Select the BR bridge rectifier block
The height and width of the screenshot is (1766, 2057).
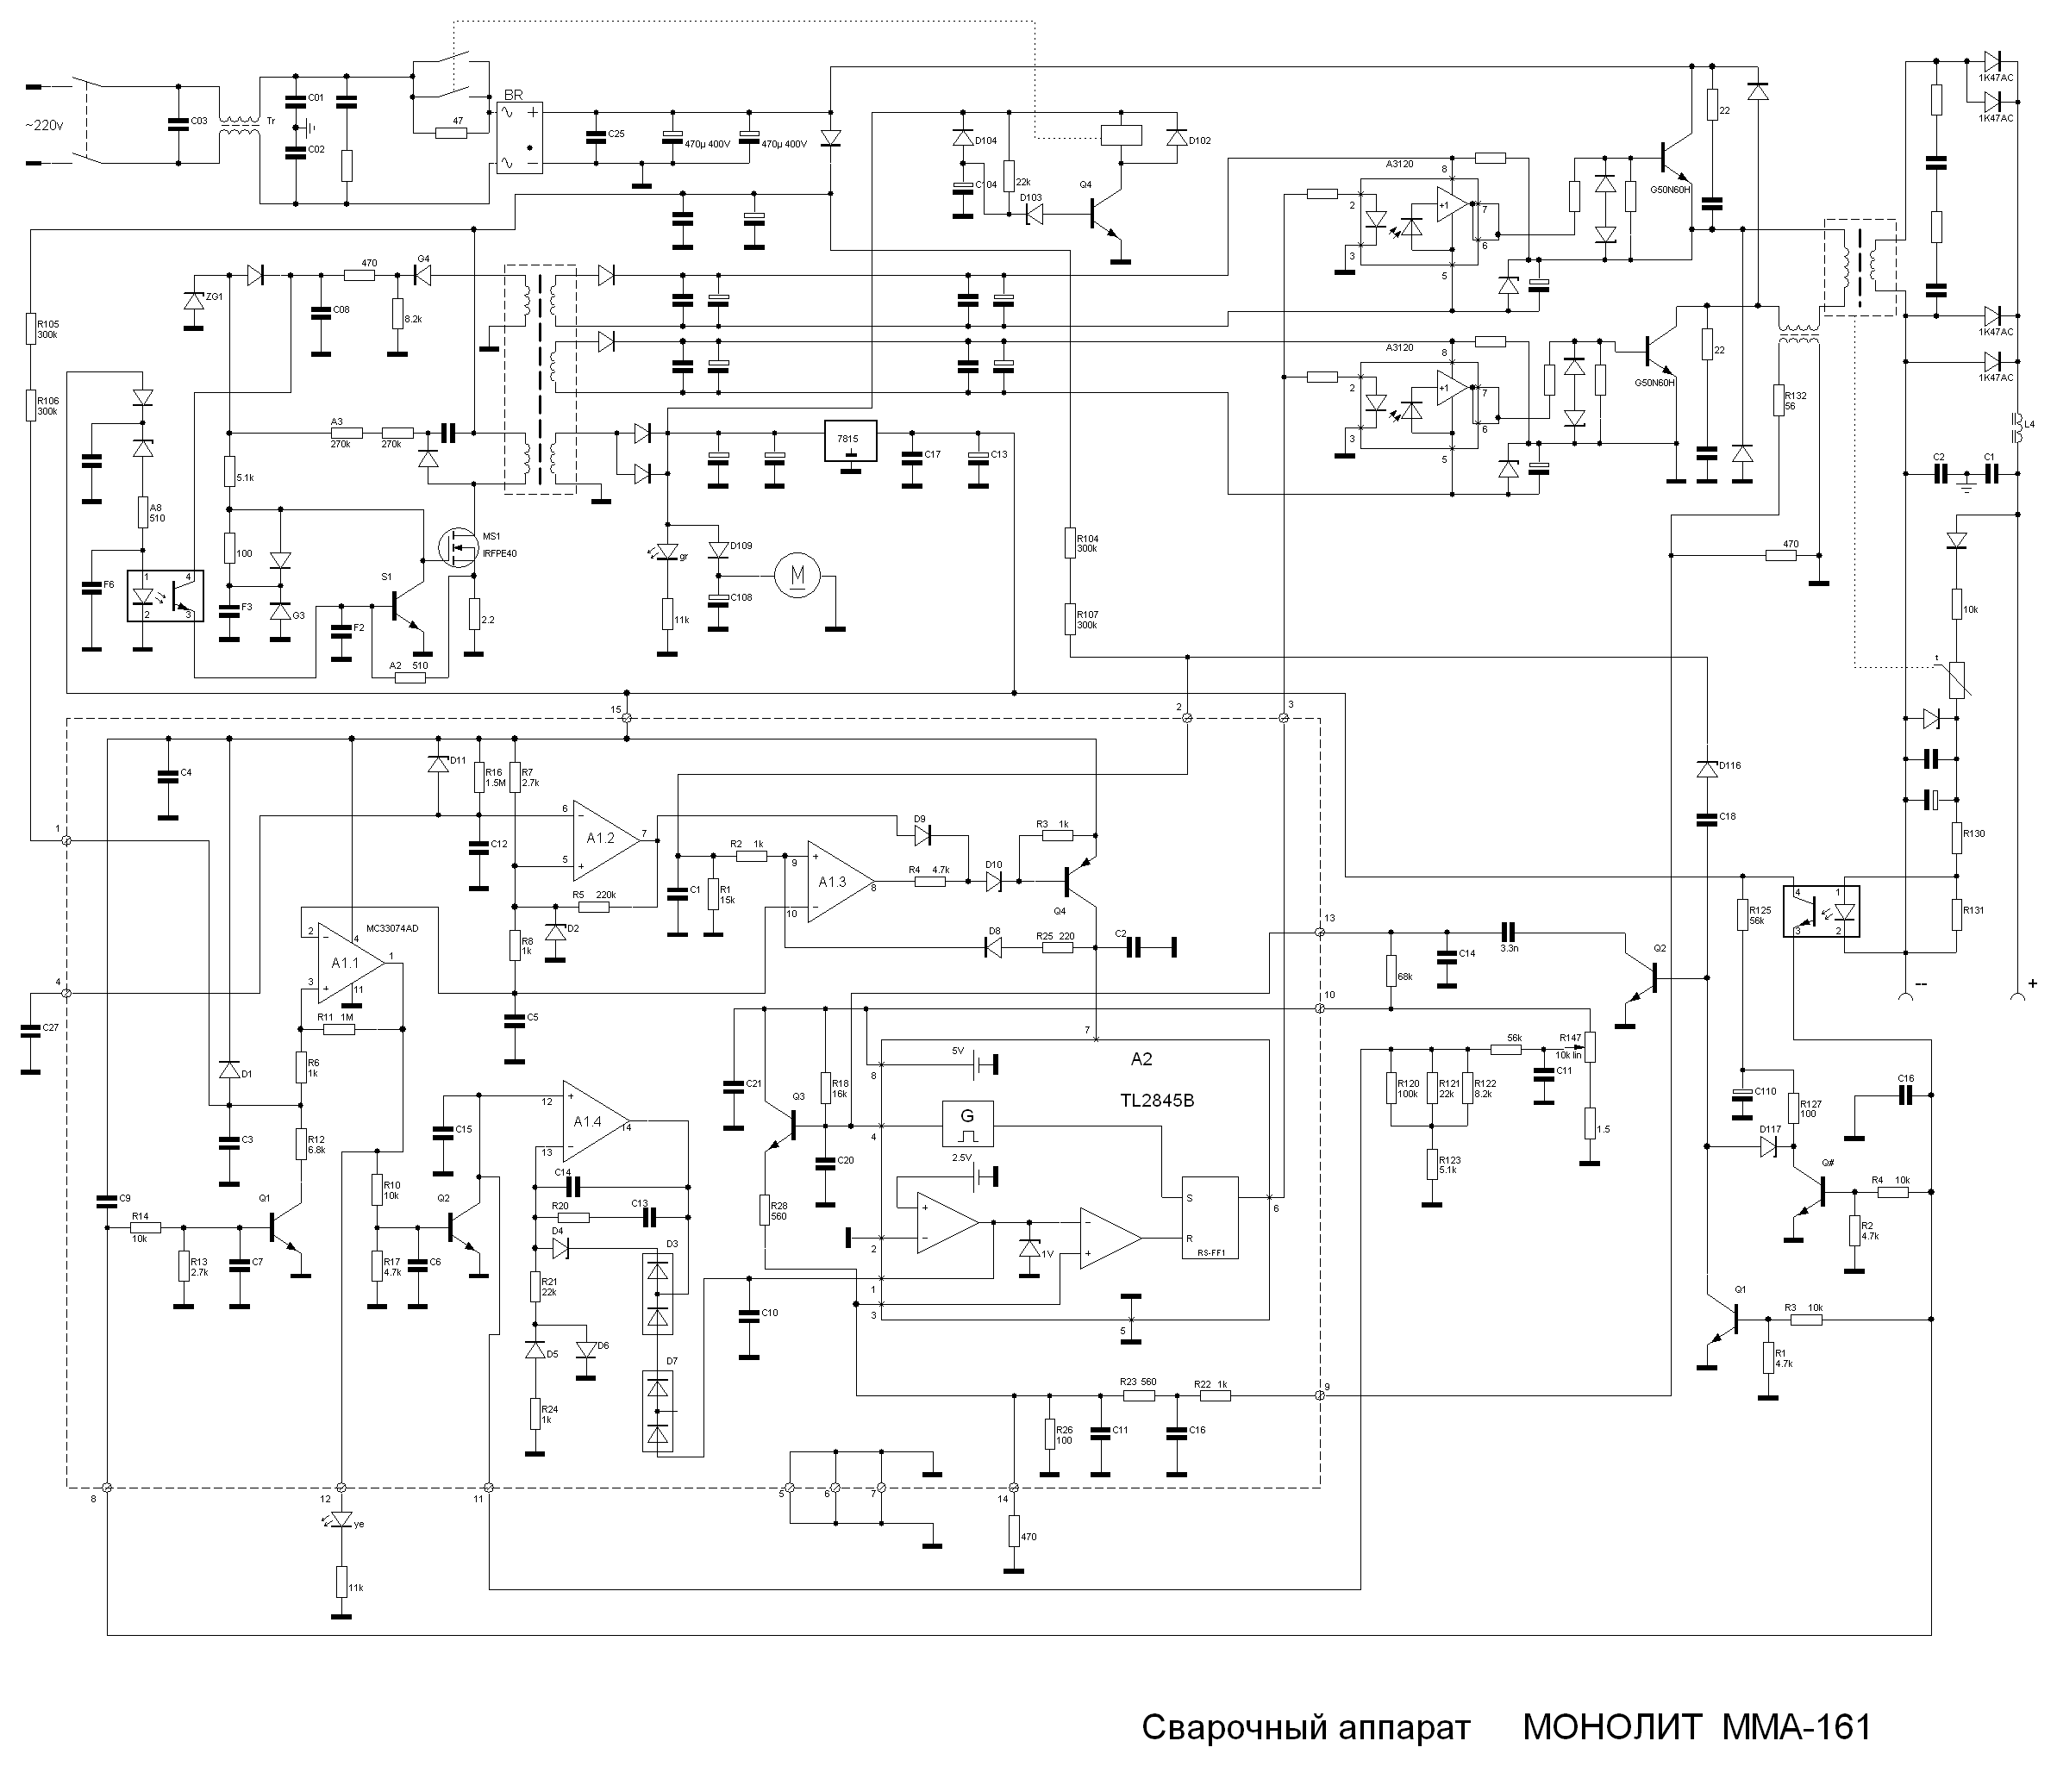click(x=520, y=138)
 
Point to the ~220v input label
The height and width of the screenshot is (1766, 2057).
click(x=44, y=124)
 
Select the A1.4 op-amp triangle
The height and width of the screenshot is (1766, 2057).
click(x=594, y=1122)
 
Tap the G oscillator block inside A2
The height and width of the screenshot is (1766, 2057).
click(x=966, y=1124)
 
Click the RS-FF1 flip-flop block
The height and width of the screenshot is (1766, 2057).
click(x=1210, y=1218)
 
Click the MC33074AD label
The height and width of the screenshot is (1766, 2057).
click(x=392, y=928)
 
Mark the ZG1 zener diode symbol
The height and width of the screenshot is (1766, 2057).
click(x=192, y=299)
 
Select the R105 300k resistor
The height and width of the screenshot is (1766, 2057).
click(x=31, y=329)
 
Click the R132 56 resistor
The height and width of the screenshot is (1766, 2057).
click(x=1777, y=400)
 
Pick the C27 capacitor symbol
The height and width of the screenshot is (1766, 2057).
click(x=31, y=1028)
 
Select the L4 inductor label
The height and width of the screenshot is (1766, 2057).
click(x=2029, y=424)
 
